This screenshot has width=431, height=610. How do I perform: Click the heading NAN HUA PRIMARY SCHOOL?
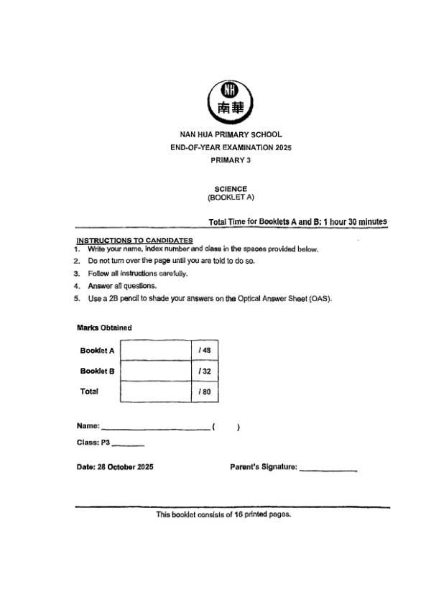[x=231, y=134]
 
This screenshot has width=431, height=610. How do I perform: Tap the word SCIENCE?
[x=231, y=189]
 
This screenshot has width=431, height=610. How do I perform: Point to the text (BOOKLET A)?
[x=231, y=196]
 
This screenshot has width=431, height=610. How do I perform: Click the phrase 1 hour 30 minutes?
[x=355, y=222]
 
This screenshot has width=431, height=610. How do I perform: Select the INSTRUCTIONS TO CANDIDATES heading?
[x=134, y=240]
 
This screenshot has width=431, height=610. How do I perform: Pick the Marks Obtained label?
[x=104, y=328]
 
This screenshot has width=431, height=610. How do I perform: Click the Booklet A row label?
[x=98, y=351]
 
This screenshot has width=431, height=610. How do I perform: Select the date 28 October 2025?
[x=115, y=467]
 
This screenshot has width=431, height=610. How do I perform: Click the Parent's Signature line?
[x=328, y=470]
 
